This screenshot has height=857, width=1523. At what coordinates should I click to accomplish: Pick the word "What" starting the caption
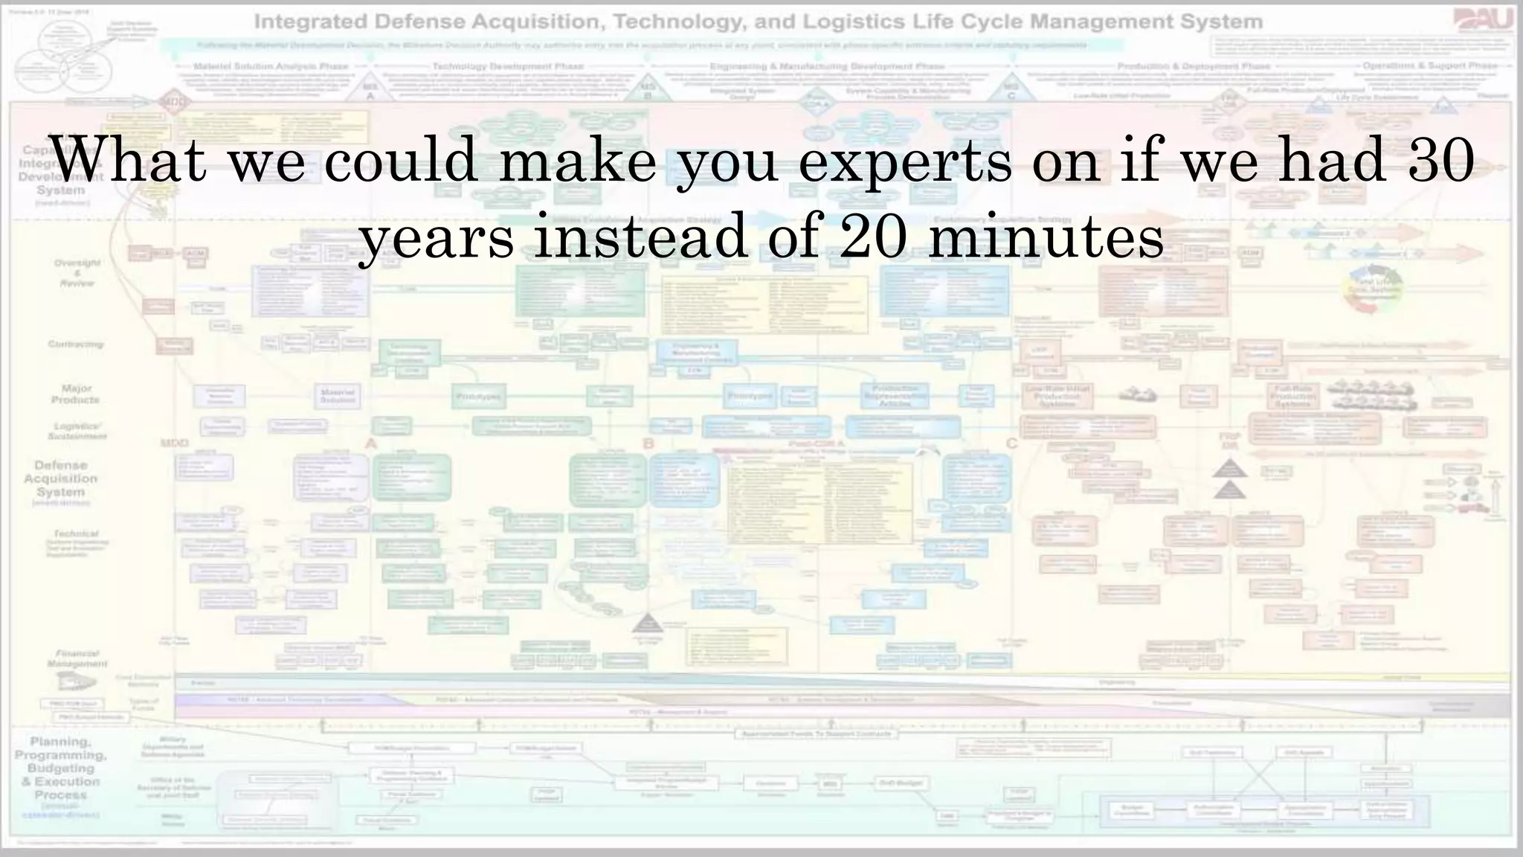[x=128, y=159]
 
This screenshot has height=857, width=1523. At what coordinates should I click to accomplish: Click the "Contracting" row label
[x=76, y=344]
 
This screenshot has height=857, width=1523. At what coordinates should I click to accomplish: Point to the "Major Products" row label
[x=76, y=394]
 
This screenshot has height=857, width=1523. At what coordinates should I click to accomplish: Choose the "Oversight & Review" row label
[x=77, y=272]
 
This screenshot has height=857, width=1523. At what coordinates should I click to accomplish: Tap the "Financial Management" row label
[x=77, y=658]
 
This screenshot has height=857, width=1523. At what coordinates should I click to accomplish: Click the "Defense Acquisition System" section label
[x=60, y=478]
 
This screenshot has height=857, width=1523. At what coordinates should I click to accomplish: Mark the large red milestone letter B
[x=648, y=444]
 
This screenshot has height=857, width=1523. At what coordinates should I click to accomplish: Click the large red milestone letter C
[x=1011, y=444]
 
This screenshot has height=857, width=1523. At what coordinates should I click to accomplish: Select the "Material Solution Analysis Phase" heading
[x=271, y=66]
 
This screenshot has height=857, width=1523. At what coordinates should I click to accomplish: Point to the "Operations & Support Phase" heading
[x=1429, y=65]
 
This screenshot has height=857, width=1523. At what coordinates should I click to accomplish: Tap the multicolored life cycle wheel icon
[x=1373, y=289]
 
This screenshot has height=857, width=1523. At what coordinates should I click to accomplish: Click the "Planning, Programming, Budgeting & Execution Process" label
[x=60, y=768]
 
